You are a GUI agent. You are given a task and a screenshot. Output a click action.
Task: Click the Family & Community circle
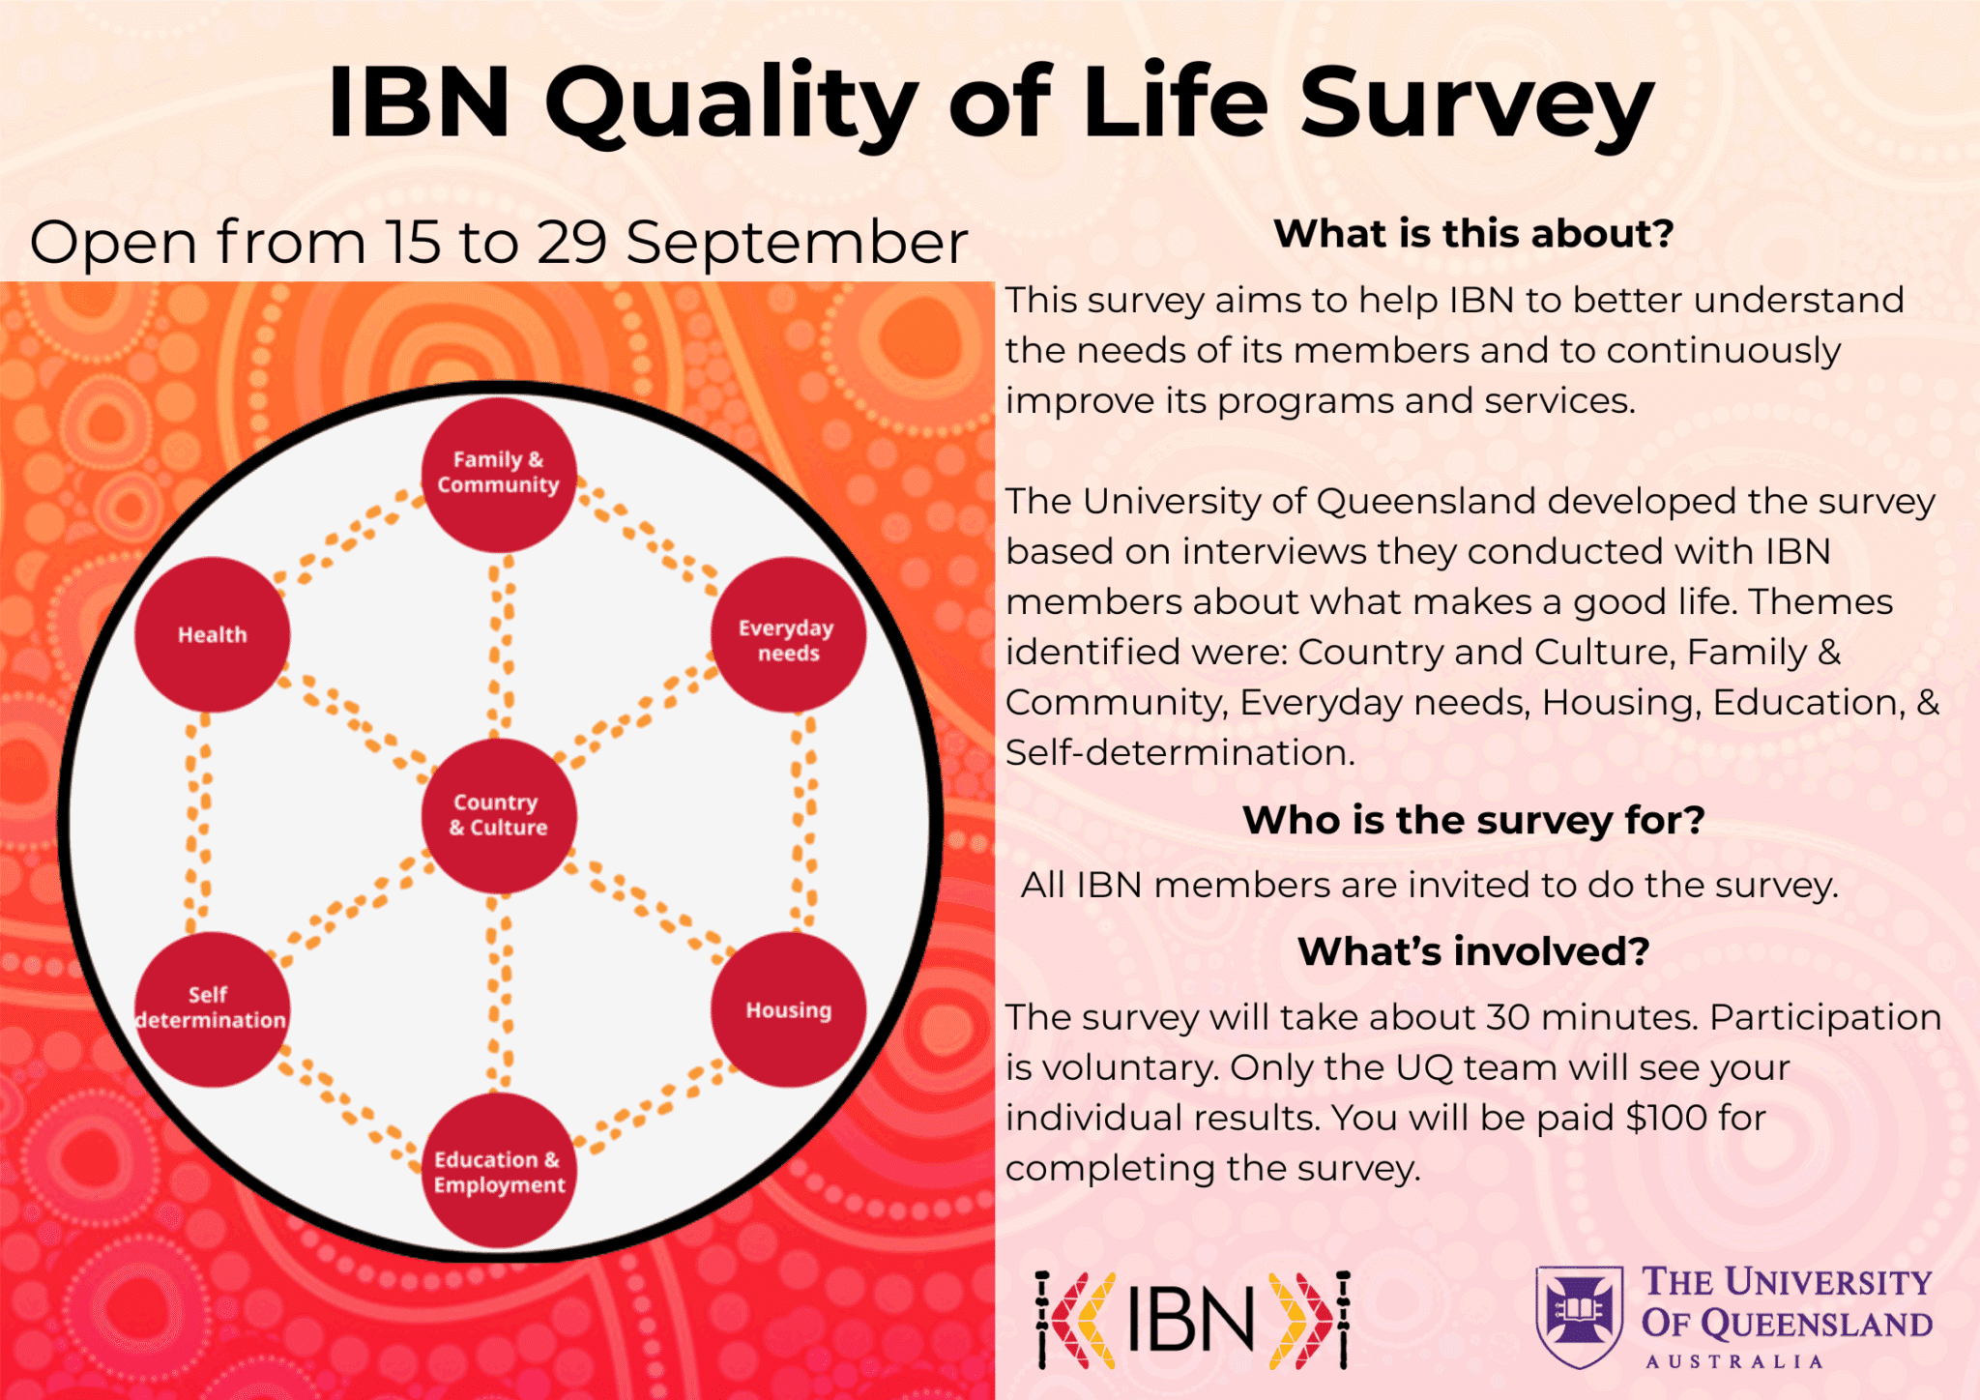tap(499, 475)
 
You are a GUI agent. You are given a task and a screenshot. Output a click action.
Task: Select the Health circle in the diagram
tap(212, 634)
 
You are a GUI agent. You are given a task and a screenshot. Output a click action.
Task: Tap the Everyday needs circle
tap(788, 634)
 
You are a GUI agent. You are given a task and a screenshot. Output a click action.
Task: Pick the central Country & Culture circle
tap(499, 815)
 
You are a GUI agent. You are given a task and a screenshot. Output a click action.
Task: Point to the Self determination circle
tap(212, 1008)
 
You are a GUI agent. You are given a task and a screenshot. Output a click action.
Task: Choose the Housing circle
tap(788, 1008)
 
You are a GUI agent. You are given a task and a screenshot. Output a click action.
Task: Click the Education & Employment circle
tap(499, 1170)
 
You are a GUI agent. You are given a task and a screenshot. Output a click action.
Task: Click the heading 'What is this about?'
tap(1473, 234)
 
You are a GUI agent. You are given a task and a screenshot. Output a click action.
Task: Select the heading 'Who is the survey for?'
tap(1473, 820)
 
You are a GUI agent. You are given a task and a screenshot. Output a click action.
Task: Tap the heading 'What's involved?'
tap(1473, 951)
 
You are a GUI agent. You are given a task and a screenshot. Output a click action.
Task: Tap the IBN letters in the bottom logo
tap(1190, 1320)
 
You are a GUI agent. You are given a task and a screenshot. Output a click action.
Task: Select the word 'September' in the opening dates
tap(797, 243)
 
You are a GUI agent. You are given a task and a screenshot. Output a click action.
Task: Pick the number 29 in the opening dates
tap(571, 242)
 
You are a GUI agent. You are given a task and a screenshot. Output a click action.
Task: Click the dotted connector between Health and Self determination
tap(197, 822)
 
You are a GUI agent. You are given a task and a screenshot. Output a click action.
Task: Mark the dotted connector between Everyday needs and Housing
tap(804, 822)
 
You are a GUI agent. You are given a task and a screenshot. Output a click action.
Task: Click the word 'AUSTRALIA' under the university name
tap(1734, 1361)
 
